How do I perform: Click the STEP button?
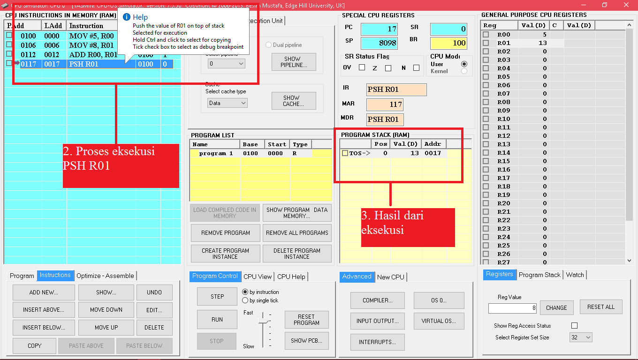(217, 296)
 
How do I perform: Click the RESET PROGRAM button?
(306, 320)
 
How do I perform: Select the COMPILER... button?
(377, 300)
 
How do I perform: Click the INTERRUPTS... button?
(377, 342)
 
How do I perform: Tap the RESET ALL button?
(600, 307)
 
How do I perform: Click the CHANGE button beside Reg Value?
(556, 308)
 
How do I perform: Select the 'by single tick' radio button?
(245, 300)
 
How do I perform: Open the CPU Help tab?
(291, 277)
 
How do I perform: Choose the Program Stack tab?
(539, 275)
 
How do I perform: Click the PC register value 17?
(379, 29)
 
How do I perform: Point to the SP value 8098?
(379, 43)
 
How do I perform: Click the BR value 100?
(448, 43)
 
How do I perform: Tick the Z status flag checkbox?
(388, 68)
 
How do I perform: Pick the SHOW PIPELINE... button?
(294, 62)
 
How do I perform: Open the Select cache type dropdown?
(227, 103)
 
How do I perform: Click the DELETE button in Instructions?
(154, 328)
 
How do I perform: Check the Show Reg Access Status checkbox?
(574, 325)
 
